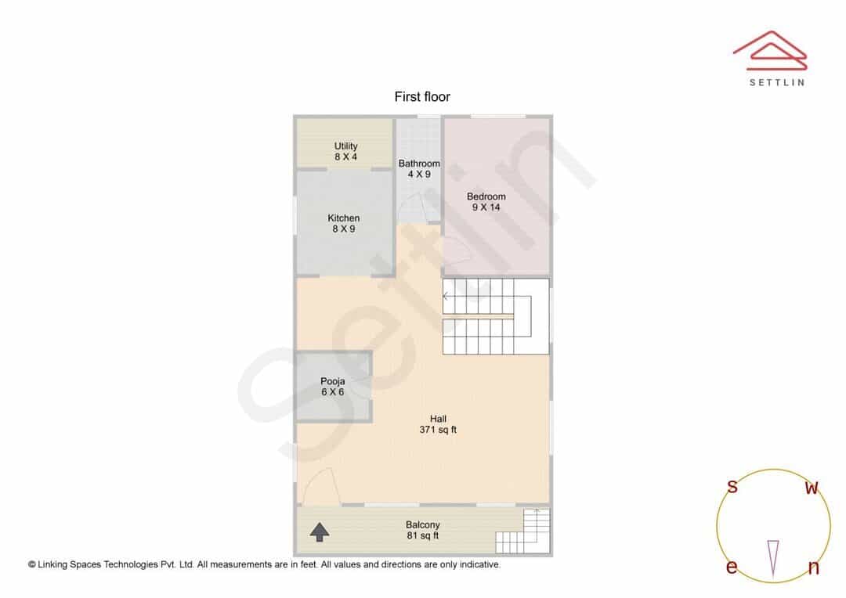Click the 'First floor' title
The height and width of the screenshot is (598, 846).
point(422,97)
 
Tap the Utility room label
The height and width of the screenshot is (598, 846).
point(346,152)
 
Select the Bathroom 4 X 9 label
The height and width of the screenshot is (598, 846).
point(419,169)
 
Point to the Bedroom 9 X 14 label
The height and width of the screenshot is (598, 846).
point(486,202)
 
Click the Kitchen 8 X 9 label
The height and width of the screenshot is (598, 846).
point(344,223)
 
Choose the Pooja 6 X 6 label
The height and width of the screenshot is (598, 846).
point(332,387)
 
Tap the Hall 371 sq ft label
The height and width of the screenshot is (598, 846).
point(438,424)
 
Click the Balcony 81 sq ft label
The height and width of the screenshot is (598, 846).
point(423,530)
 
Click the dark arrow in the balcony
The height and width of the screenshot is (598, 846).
point(320,531)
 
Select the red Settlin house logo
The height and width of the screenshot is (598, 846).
point(770,50)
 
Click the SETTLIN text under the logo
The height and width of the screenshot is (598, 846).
point(777,82)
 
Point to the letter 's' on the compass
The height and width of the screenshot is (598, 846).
point(732,486)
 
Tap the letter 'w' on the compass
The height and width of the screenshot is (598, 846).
point(812,488)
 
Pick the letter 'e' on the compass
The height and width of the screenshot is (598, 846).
point(732,567)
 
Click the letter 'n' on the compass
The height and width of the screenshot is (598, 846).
point(814,567)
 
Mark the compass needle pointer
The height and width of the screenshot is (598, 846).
point(773,559)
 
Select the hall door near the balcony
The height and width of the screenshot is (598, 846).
point(323,486)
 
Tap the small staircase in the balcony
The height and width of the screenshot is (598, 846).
point(522,531)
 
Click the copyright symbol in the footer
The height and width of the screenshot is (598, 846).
point(32,564)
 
